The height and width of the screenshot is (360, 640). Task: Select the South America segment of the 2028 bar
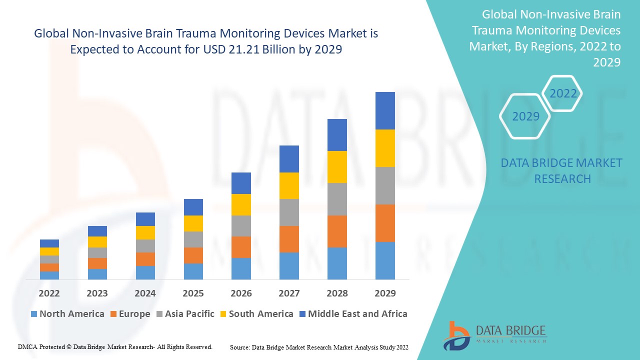tap(337, 167)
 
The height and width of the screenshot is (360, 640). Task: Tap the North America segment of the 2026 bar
tap(241, 268)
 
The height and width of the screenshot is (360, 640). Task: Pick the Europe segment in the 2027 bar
tap(289, 239)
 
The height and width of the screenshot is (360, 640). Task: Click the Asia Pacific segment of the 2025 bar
tap(193, 239)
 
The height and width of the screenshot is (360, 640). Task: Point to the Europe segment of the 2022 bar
tap(49, 267)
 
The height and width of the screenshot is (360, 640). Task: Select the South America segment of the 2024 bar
tap(145, 232)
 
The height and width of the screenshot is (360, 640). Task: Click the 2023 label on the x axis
tap(97, 293)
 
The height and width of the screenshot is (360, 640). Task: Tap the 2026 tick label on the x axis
tap(241, 293)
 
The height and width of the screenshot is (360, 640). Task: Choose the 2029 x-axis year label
tap(385, 293)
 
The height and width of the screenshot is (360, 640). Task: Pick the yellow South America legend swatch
tap(222, 314)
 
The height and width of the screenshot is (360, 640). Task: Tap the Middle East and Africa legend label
tap(357, 314)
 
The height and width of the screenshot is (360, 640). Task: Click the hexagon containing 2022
tap(563, 93)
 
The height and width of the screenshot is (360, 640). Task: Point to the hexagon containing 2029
tap(525, 116)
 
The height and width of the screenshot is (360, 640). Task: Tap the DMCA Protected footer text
tap(115, 346)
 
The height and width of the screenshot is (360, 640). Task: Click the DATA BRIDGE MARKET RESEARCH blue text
tap(561, 170)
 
